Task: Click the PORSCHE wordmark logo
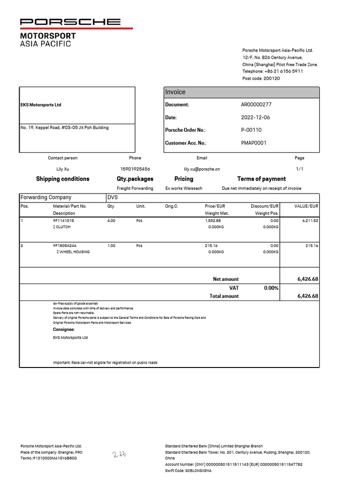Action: (70, 22)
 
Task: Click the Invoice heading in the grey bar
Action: (175, 92)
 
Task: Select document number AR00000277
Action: (256, 105)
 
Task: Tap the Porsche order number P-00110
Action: (251, 130)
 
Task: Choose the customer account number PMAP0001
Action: (254, 143)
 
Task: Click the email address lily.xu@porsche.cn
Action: (202, 169)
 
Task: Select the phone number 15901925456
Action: (135, 169)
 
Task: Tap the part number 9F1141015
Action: (63, 220)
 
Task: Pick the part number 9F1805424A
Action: (65, 245)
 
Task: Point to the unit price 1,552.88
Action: (213, 220)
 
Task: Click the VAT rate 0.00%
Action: (271, 288)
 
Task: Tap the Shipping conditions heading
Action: (62, 179)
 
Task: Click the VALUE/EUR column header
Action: (306, 206)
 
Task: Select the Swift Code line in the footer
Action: (188, 471)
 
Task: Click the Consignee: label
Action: (64, 330)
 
